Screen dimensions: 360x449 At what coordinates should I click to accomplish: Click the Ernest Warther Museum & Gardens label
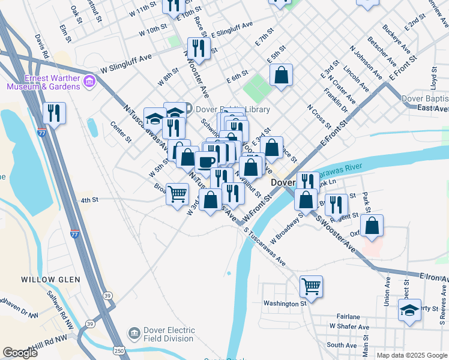tap(43, 82)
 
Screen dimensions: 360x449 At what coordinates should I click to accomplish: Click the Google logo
tap(20, 353)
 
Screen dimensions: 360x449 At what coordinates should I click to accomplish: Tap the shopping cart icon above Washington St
tap(311, 286)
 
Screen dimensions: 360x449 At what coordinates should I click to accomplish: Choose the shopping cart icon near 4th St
tap(178, 194)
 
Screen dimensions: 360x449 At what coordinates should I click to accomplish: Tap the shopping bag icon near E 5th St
tap(281, 75)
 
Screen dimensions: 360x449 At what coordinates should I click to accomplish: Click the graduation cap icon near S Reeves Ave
tap(410, 310)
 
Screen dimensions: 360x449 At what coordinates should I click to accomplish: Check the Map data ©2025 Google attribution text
tap(412, 355)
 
